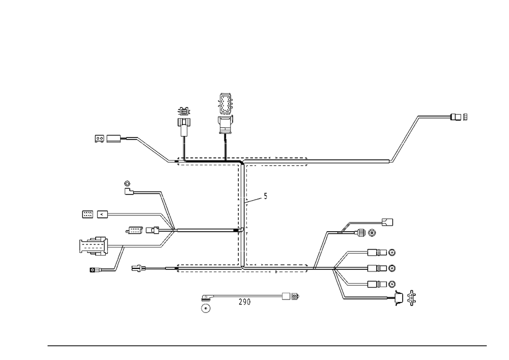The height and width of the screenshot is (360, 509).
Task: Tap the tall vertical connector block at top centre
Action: [x=225, y=113]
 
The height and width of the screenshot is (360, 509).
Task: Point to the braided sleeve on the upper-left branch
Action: [x=152, y=149]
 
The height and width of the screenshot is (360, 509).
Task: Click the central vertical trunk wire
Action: [x=242, y=214]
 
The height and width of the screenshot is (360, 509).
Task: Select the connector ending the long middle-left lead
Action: [x=94, y=214]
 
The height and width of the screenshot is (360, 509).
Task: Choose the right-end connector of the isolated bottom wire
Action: [x=291, y=295]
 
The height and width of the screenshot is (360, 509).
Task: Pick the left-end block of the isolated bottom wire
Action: [x=206, y=304]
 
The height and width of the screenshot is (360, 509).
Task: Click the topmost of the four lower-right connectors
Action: [x=384, y=253]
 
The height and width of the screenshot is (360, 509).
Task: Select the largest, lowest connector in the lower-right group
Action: [x=405, y=298]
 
